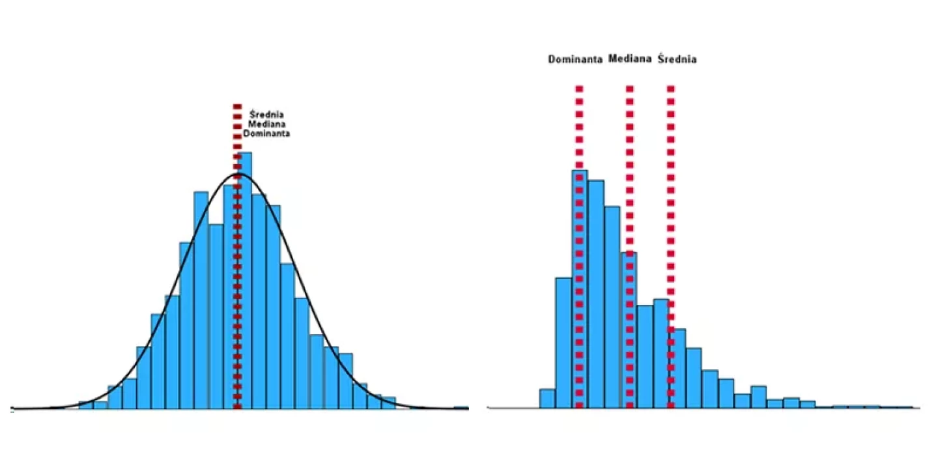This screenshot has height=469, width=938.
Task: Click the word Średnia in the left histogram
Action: (266, 115)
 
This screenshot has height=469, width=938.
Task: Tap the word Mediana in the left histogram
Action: (266, 124)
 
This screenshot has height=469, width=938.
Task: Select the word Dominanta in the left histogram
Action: (266, 133)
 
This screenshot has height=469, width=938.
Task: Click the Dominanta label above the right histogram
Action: (575, 59)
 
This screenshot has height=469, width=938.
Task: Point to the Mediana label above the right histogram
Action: (630, 59)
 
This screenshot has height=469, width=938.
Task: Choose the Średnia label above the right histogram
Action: (677, 59)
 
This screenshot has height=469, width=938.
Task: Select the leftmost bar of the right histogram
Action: (547, 399)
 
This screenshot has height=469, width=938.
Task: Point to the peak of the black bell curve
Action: (238, 174)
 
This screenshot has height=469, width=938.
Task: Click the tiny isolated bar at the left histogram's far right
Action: (461, 408)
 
